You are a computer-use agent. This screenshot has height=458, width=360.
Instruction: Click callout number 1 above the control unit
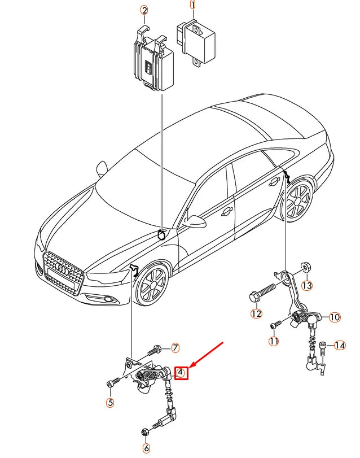point(193,6)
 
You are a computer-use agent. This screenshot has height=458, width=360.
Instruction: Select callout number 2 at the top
point(144,11)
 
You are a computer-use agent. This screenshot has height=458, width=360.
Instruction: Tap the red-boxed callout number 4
point(181,373)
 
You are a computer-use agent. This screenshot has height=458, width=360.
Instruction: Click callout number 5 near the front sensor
point(110,403)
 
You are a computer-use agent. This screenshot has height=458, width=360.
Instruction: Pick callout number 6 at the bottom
point(147,448)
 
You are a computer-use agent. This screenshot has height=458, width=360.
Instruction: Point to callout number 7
point(175,347)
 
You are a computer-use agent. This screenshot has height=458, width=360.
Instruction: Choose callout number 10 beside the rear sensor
point(335,317)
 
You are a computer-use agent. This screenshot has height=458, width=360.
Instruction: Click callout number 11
point(274,341)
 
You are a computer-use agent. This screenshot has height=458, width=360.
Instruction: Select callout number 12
point(256,313)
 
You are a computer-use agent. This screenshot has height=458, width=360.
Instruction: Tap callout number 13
point(306,285)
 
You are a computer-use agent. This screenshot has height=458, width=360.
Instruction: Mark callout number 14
point(339,345)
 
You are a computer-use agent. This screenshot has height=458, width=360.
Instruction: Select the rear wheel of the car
point(297,202)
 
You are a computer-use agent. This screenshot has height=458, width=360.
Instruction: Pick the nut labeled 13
point(304,265)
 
